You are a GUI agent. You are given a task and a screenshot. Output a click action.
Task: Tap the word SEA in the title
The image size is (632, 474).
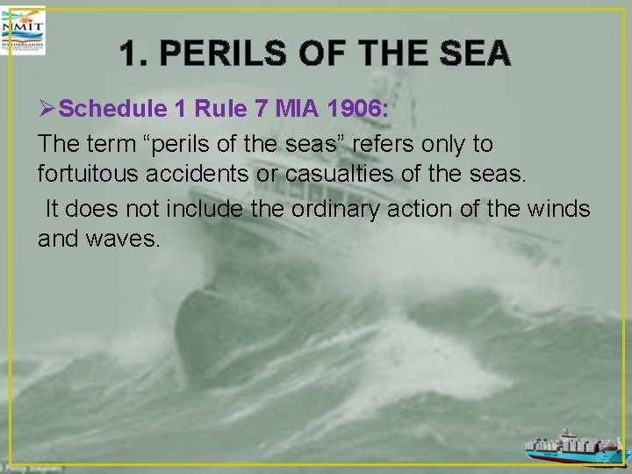point(476,54)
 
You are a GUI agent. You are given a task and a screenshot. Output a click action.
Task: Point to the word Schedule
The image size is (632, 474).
point(112,109)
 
